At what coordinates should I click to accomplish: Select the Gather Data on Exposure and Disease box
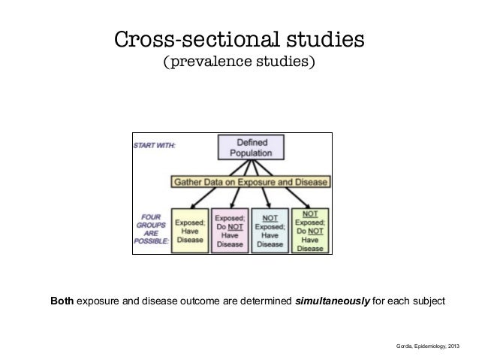pyautogui.click(x=250, y=183)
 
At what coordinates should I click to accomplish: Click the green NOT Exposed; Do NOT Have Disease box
pyautogui.click(x=309, y=229)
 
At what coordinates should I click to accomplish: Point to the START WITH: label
pyautogui.click(x=155, y=145)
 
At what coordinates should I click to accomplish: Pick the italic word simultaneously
pyautogui.click(x=333, y=301)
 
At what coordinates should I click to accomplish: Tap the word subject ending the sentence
pyautogui.click(x=427, y=301)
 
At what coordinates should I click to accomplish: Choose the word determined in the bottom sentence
pyautogui.click(x=266, y=301)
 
